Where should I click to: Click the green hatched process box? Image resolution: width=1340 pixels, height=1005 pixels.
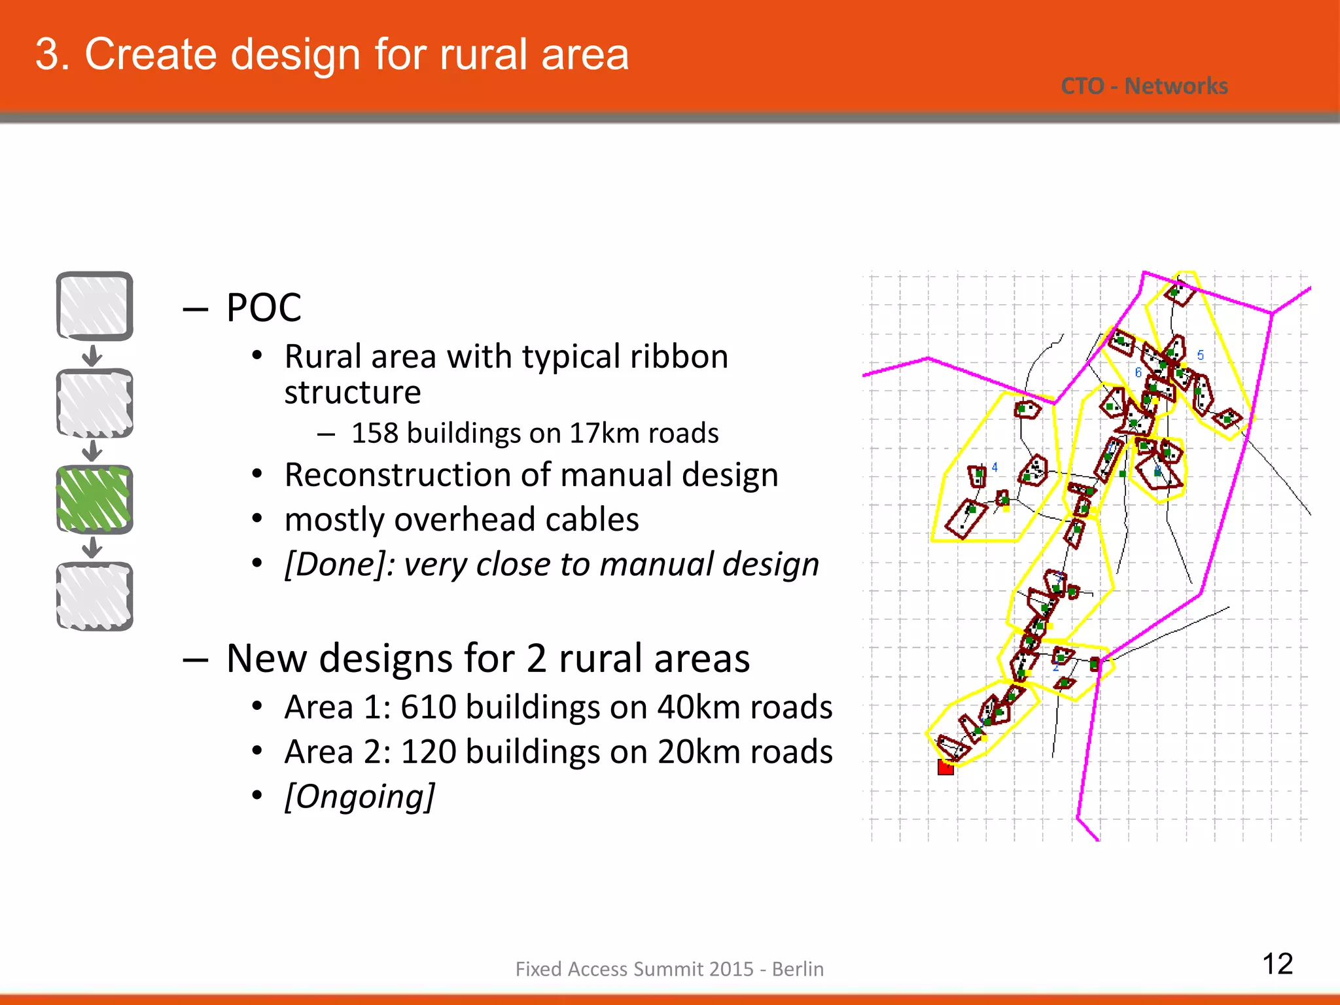(94, 499)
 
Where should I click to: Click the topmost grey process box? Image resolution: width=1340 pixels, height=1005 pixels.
(94, 306)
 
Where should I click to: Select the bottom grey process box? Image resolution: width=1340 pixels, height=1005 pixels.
(94, 596)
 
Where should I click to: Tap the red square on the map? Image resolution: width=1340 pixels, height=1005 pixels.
(945, 767)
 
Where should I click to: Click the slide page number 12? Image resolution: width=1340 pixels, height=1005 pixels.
(1277, 964)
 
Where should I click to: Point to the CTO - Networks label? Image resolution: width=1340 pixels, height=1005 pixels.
(1144, 86)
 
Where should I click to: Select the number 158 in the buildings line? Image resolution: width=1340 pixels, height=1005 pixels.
(374, 433)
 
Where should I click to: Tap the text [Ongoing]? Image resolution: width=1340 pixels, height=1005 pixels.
(359, 797)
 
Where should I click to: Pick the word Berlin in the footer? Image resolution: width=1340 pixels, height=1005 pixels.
(798, 969)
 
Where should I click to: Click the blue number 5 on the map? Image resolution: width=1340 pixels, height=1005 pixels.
(1201, 355)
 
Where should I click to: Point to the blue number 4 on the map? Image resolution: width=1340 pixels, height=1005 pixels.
(995, 467)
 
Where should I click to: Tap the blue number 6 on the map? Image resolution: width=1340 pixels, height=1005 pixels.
(1138, 372)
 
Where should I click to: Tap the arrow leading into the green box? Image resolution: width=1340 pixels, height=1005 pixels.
(93, 451)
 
